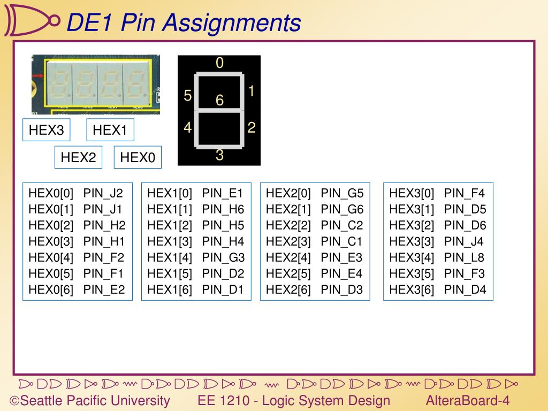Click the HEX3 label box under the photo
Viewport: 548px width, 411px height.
pyautogui.click(x=46, y=130)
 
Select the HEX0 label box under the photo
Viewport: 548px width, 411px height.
pyautogui.click(x=138, y=157)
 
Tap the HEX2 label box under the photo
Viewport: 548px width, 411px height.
pyautogui.click(x=78, y=157)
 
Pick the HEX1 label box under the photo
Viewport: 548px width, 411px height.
pyautogui.click(x=110, y=130)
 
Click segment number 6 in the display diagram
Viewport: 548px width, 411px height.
pyautogui.click(x=219, y=100)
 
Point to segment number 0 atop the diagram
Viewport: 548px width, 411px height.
pyautogui.click(x=219, y=63)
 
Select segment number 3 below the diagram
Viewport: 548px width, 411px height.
pyautogui.click(x=219, y=156)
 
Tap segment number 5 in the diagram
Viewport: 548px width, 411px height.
pyautogui.click(x=188, y=96)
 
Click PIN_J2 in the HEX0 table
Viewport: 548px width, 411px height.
pyautogui.click(x=103, y=193)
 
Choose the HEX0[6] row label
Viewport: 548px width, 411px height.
pyautogui.click(x=51, y=290)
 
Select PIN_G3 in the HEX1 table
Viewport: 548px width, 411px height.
pyautogui.click(x=223, y=257)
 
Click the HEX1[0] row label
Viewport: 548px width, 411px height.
pyautogui.click(x=170, y=193)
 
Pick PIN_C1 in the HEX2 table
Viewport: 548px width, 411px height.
pyautogui.click(x=341, y=241)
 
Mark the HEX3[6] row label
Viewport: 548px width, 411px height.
pyautogui.click(x=412, y=290)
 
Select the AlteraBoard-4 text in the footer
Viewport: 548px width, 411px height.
pyautogui.click(x=468, y=400)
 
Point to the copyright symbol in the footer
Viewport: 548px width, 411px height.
pyautogui.click(x=15, y=401)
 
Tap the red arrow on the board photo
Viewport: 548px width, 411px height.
pyautogui.click(x=37, y=77)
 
